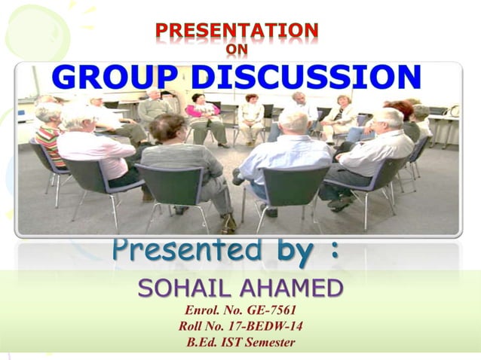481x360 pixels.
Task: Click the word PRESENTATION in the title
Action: [237, 31]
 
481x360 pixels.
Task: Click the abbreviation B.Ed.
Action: [204, 343]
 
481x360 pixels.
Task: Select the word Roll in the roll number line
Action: [195, 326]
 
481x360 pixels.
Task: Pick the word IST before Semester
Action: [232, 343]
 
